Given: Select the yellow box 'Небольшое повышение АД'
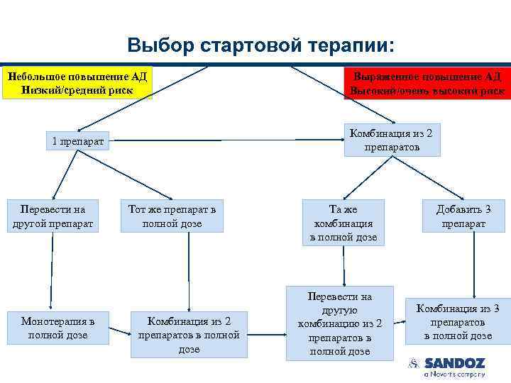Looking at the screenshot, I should coord(77,83).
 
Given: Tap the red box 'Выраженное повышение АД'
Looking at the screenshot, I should coord(427,83).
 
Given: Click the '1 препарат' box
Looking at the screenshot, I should coord(77,142).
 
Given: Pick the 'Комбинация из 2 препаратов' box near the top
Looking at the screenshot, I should coord(392,140).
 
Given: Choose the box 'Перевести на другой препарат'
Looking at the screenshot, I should coord(53,216).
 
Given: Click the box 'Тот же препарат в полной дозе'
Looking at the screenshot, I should coord(172,216).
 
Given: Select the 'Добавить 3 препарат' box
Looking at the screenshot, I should coord(463,216).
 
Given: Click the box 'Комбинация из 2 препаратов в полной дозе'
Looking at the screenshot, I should coord(189,333).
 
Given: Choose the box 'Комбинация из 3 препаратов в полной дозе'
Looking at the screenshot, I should coord(458,321).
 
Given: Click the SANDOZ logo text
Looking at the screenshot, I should coord(454,362).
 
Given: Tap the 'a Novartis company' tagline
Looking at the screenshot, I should coord(454,374).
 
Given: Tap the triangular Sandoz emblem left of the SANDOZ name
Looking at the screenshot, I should coord(413,363).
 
